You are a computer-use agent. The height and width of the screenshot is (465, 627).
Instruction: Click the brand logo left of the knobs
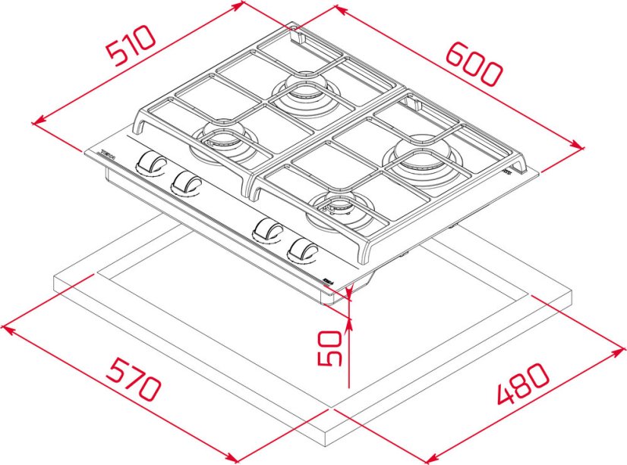click(106, 155)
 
